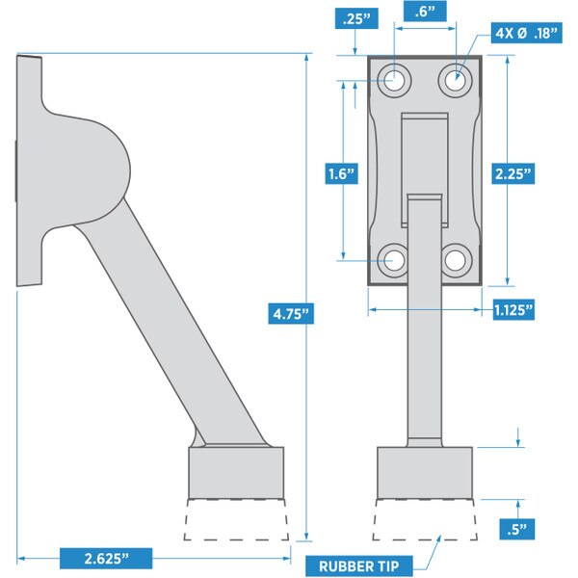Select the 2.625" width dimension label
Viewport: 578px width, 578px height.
(x=105, y=558)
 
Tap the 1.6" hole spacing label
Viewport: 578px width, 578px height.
(x=340, y=174)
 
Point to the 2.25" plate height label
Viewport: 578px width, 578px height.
(x=510, y=174)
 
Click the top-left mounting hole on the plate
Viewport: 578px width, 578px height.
(x=393, y=81)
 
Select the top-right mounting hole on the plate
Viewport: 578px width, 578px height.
(x=456, y=81)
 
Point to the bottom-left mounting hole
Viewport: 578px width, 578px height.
(x=393, y=259)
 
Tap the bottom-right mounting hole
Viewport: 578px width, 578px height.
(x=456, y=259)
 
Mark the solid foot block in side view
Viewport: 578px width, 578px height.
(x=237, y=471)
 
